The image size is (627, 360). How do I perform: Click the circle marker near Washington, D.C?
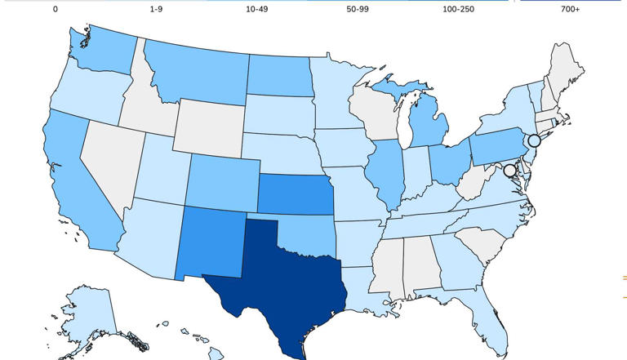coord(510,171)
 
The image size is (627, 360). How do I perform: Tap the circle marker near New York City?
coord(534,140)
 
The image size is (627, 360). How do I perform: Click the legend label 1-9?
coord(156,9)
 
